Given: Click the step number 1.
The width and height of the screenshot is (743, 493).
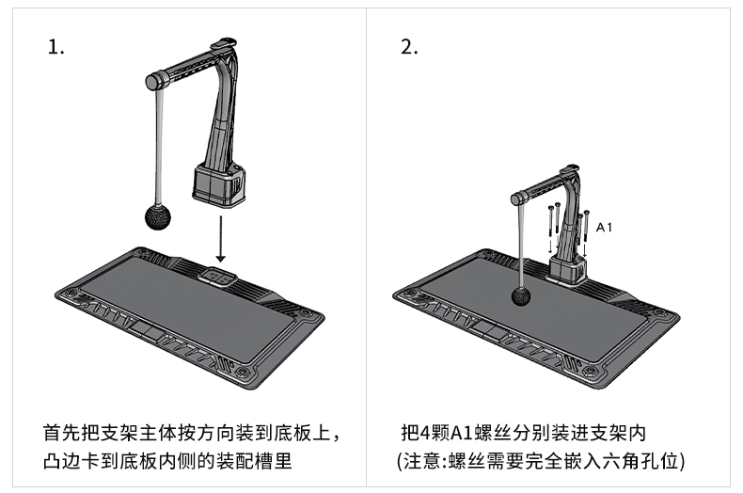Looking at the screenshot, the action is [55, 47].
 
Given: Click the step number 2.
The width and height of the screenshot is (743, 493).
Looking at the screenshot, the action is [409, 47].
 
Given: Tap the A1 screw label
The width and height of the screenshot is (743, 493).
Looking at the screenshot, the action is [604, 228].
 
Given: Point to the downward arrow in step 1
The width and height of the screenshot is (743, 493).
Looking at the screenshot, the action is [220, 239].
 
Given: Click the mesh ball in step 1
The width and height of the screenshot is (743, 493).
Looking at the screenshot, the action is [158, 217].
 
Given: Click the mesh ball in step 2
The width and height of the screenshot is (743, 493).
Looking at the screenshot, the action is [521, 297].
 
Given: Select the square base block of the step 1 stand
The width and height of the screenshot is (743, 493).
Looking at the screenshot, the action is [219, 185].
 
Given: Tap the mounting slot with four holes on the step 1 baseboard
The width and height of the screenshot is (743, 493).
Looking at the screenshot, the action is [217, 277].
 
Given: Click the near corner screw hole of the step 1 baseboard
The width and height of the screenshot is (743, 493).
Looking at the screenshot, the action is [243, 372].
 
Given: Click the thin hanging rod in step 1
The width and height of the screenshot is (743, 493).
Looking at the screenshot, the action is [159, 147].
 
